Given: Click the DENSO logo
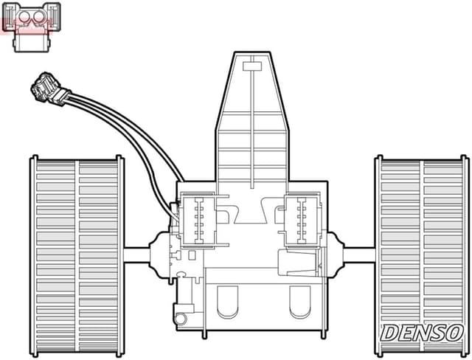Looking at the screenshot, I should coord(421,333).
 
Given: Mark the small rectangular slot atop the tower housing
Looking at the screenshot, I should coord(252,66).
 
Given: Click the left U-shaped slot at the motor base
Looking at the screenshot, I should coord(229,300).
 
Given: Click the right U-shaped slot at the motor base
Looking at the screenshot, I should coord(300,300).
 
